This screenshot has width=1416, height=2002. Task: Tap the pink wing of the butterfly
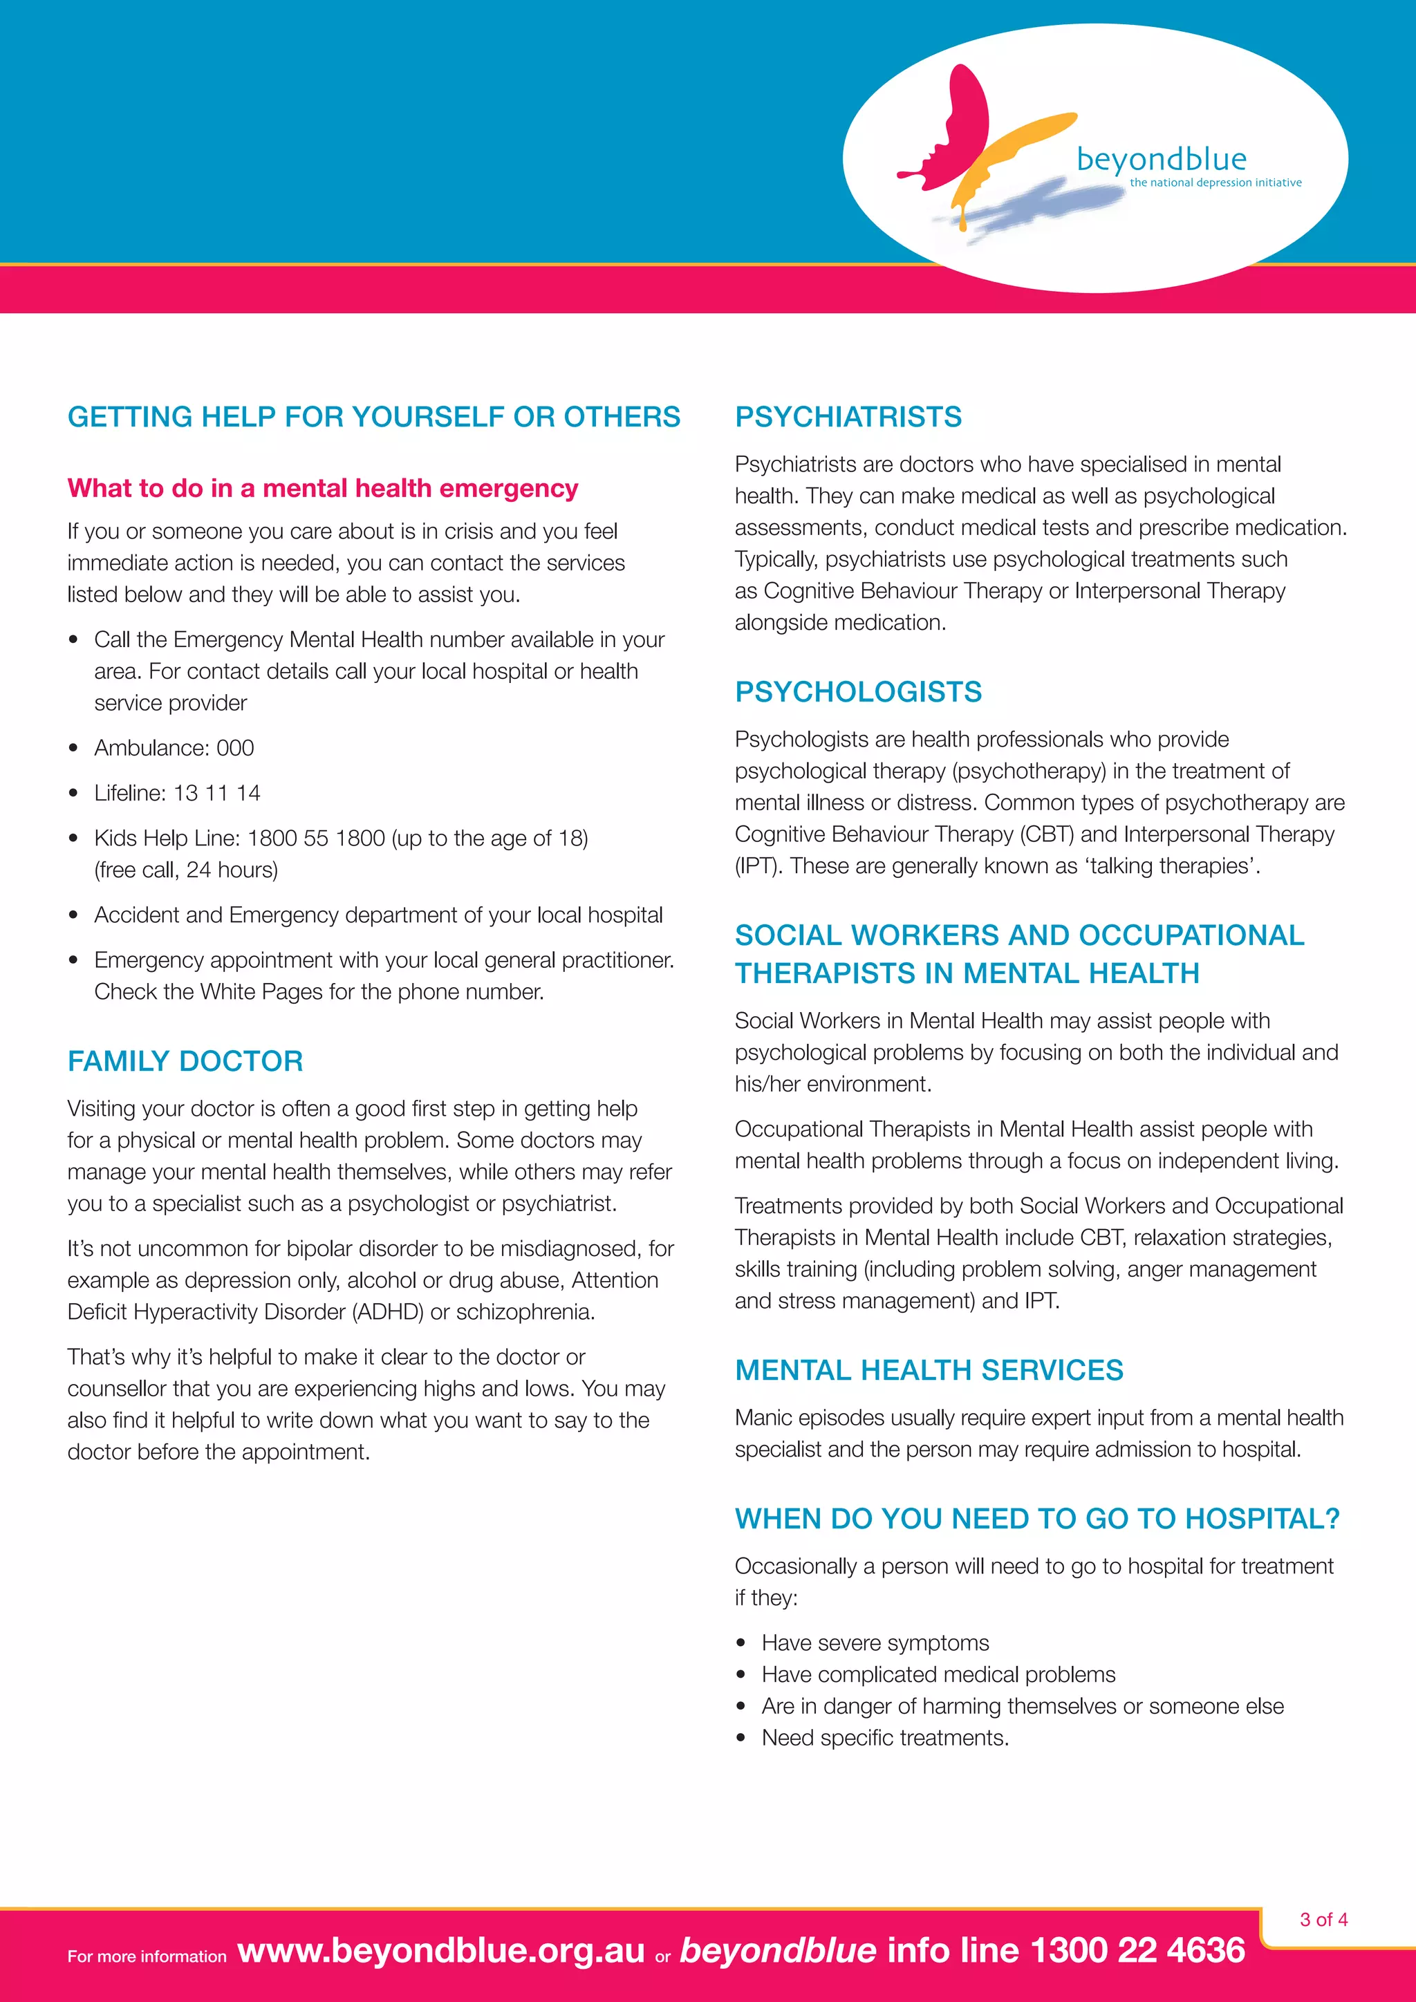958,127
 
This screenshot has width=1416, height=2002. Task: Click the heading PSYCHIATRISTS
848,417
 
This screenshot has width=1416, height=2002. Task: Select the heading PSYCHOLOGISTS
858,691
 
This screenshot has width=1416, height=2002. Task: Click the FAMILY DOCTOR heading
185,1061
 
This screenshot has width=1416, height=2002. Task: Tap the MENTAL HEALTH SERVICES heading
929,1370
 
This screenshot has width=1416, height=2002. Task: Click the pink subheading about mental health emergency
323,488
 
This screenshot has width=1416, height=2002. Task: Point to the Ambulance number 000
234,748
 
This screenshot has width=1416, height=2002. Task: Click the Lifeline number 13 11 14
216,794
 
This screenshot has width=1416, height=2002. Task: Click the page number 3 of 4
1323,1919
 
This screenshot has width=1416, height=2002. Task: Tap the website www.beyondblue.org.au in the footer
440,1951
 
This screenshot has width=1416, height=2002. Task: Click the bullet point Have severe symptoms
875,1643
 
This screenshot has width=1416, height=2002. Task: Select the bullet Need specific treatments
884,1738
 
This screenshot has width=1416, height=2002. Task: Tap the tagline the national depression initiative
1215,183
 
